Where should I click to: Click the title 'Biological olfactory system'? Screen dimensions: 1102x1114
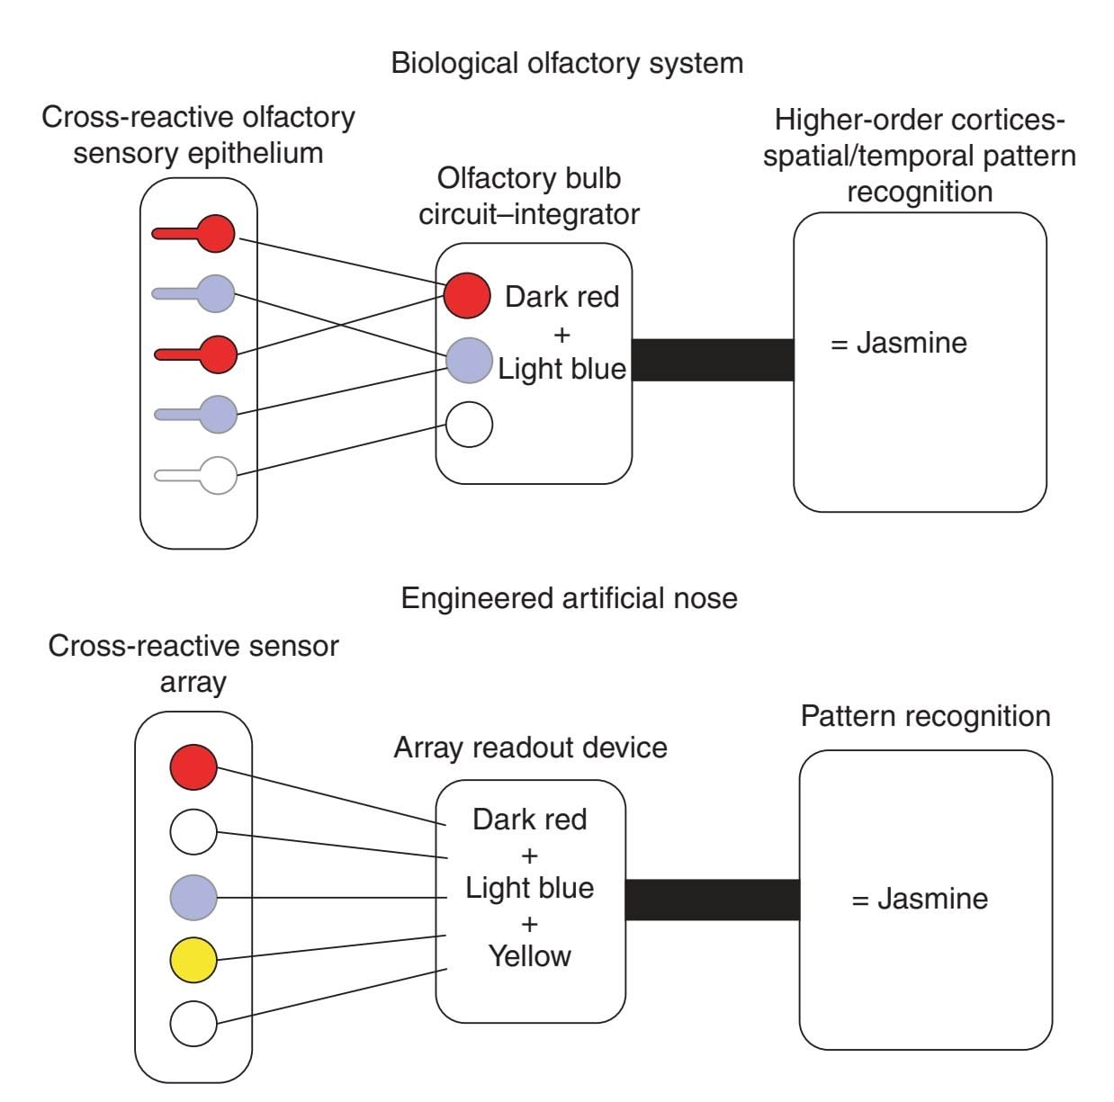567,64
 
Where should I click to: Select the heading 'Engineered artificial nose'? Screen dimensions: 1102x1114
569,598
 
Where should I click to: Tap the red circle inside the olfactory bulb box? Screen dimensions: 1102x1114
467,295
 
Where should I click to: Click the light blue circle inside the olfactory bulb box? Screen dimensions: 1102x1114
470,361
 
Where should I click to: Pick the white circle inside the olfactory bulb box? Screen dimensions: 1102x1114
470,425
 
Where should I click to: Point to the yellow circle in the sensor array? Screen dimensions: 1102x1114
193,960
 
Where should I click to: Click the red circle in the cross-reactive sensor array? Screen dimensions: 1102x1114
193,767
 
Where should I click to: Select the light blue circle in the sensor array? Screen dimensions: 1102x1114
193,897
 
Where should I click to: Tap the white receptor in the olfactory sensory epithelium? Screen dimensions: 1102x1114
217,475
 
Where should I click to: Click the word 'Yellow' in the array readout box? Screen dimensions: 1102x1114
529,956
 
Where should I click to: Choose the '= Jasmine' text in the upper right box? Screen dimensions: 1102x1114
898,343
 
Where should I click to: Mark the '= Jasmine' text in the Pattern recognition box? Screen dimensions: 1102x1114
920,899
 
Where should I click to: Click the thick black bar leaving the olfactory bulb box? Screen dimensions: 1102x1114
713,360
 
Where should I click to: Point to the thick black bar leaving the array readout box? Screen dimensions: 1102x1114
712,900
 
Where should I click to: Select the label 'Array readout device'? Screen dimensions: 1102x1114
530,748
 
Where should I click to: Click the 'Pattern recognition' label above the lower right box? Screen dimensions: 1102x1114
925,716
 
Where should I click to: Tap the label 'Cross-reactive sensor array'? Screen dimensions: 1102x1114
193,663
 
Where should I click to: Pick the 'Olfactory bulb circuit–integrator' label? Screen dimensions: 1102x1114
529,196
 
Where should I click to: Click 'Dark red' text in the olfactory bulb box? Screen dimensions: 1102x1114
561,297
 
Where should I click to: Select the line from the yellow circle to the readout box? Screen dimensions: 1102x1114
333,947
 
